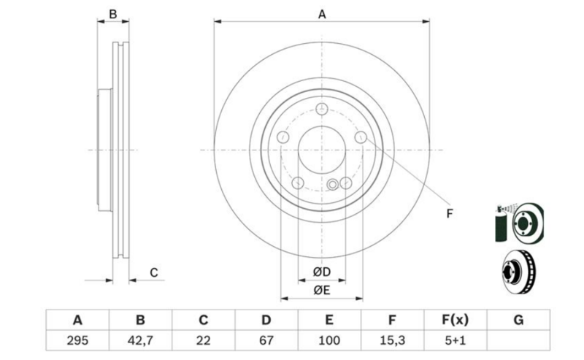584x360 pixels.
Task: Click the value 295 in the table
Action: pyautogui.click(x=77, y=340)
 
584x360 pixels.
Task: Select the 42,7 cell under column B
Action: pyautogui.click(x=140, y=340)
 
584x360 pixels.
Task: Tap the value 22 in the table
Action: pyautogui.click(x=204, y=340)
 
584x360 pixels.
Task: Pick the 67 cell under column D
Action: pyautogui.click(x=266, y=340)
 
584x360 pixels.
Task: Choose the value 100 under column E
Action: pyautogui.click(x=329, y=340)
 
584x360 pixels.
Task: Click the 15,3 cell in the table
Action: pyautogui.click(x=392, y=340)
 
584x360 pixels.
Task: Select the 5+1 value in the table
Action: pyautogui.click(x=455, y=340)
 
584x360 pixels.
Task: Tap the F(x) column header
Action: pyautogui.click(x=455, y=320)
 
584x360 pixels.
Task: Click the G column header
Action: pyautogui.click(x=518, y=320)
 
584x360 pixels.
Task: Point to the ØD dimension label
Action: pyautogui.click(x=322, y=272)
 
